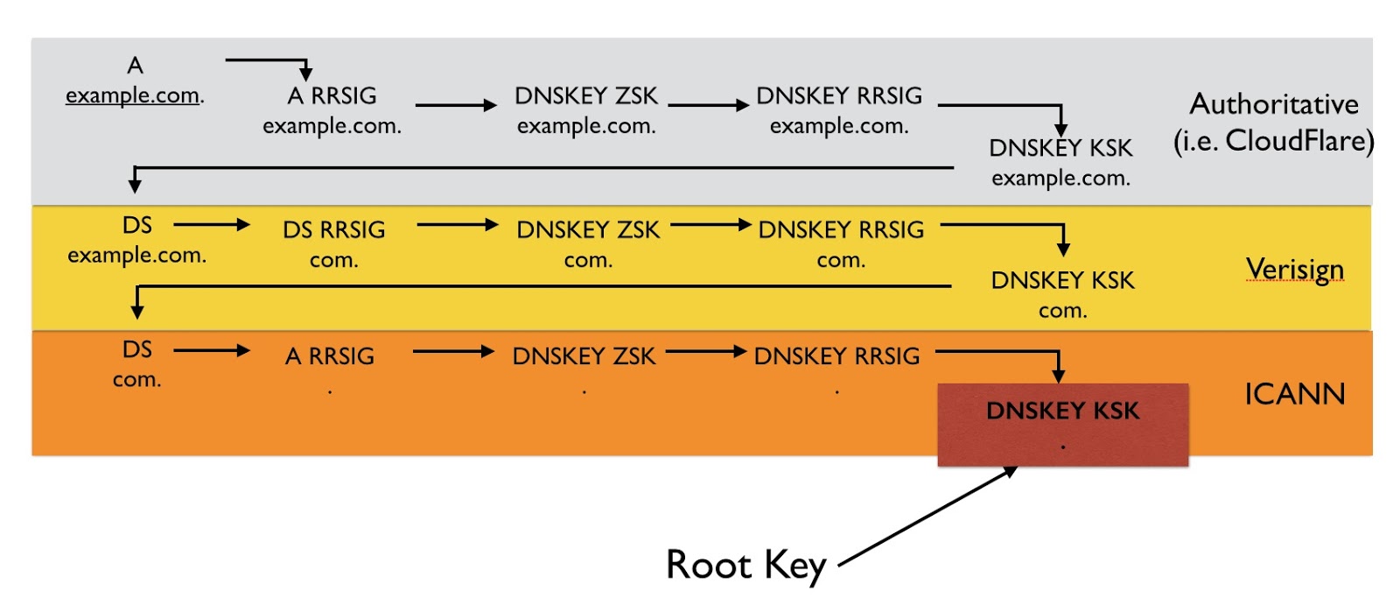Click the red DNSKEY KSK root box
pyautogui.click(x=1062, y=424)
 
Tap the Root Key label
pyautogui.click(x=745, y=566)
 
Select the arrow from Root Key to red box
pyautogui.click(x=927, y=517)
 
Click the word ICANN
pyautogui.click(x=1294, y=394)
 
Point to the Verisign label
pyautogui.click(x=1294, y=270)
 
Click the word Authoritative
pyautogui.click(x=1274, y=104)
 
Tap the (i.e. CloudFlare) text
pyautogui.click(x=1273, y=140)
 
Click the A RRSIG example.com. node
pyautogui.click(x=332, y=110)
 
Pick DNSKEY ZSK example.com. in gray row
pyautogui.click(x=586, y=110)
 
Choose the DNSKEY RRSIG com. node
pyautogui.click(x=841, y=244)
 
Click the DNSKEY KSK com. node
pyautogui.click(x=1062, y=294)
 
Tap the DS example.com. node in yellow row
pyautogui.click(x=137, y=240)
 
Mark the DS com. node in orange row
pyautogui.click(x=137, y=363)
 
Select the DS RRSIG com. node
pyautogui.click(x=333, y=244)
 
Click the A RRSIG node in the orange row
pyautogui.click(x=330, y=357)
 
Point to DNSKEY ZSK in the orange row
pyautogui.click(x=584, y=357)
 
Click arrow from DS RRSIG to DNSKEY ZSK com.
pyautogui.click(x=457, y=225)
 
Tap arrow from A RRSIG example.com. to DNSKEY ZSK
pyautogui.click(x=455, y=106)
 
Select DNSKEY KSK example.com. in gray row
pyautogui.click(x=1060, y=162)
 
